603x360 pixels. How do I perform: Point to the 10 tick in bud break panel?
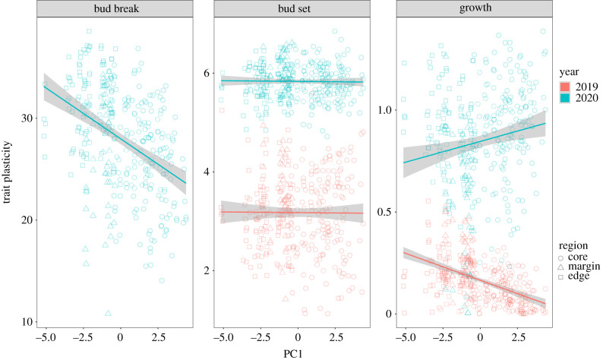coord(29,322)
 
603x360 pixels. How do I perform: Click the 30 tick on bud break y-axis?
coord(29,118)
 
